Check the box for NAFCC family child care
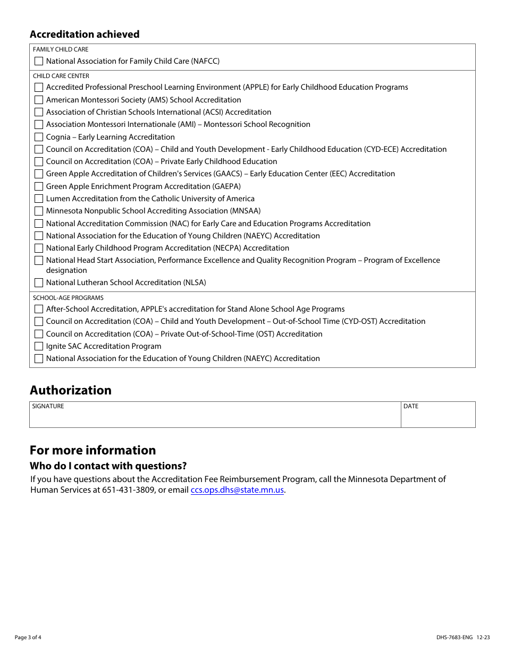[x=39, y=61]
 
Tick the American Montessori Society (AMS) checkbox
[x=39, y=100]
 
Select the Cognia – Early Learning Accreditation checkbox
[x=39, y=137]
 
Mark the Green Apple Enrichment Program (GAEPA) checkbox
[x=39, y=186]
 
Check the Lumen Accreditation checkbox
[x=39, y=199]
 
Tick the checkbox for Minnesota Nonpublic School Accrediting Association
[x=39, y=211]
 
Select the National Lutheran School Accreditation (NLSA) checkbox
[x=39, y=282]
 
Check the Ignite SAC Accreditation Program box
[x=39, y=346]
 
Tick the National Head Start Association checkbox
[x=39, y=260]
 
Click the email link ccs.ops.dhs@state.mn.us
[x=237, y=490]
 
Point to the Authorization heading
[x=71, y=390]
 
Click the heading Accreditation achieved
[x=85, y=35]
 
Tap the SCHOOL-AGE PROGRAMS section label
[x=68, y=298]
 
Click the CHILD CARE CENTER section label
[x=61, y=76]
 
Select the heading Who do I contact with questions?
[x=108, y=466]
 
